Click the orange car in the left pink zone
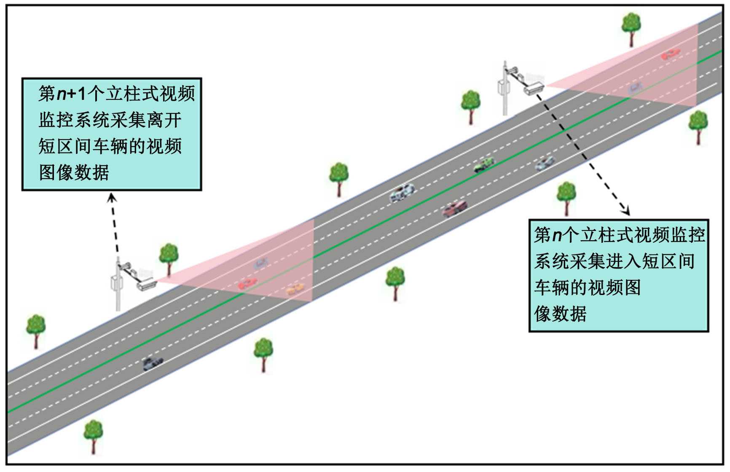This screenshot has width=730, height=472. (x=295, y=289)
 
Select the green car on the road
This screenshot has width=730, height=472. (x=484, y=164)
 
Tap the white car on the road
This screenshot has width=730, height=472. (x=402, y=193)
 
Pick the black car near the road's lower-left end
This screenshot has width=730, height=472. (x=152, y=363)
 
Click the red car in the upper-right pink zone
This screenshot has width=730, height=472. (x=670, y=54)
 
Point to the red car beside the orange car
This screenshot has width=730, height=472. (x=247, y=284)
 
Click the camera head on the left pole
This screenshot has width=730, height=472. (x=146, y=285)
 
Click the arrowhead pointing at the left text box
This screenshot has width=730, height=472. (x=112, y=197)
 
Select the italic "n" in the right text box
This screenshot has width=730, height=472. (x=557, y=235)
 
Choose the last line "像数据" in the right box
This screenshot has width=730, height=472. (x=561, y=314)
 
